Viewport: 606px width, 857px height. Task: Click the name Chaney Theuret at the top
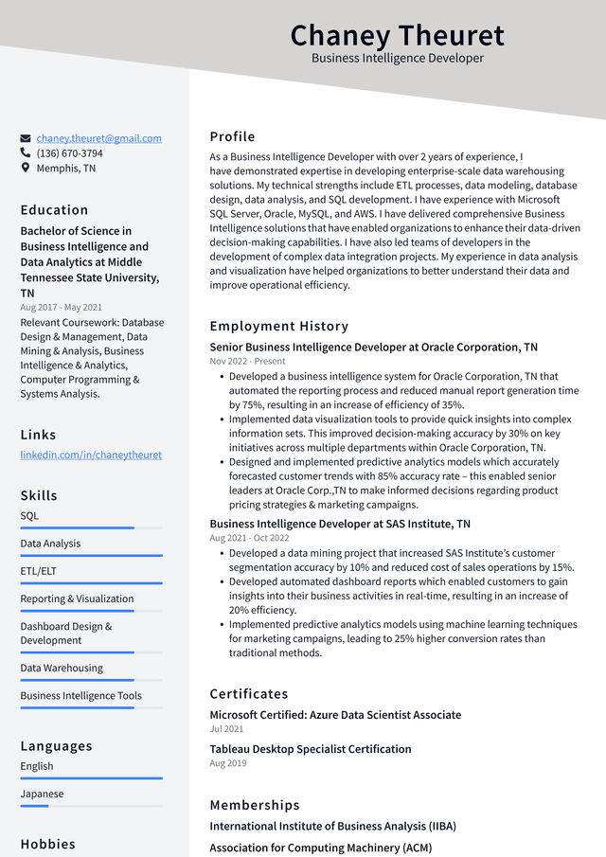tap(397, 35)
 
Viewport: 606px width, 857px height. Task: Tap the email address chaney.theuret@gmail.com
tap(98, 138)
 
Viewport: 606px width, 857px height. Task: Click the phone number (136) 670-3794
tap(69, 153)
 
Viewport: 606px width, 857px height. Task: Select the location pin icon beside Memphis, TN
tap(26, 168)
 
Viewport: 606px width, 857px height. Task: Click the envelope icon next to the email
tap(26, 138)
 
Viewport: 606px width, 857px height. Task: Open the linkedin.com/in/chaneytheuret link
tap(91, 455)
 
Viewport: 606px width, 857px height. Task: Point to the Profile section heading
tap(232, 136)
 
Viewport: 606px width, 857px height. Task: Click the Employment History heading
tap(278, 326)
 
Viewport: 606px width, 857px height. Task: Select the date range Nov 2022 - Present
tap(247, 361)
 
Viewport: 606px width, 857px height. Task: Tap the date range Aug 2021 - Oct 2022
tap(248, 538)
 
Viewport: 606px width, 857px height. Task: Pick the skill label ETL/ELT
tap(39, 571)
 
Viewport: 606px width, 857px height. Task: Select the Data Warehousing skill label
tap(62, 668)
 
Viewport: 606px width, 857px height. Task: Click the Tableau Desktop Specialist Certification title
tap(310, 749)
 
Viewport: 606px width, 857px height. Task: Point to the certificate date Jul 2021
tap(226, 729)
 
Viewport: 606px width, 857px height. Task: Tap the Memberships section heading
tap(254, 805)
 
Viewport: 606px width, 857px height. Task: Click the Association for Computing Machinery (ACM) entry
tap(320, 848)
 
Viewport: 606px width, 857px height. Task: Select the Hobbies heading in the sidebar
tap(47, 844)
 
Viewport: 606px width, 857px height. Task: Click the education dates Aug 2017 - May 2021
tap(62, 308)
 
